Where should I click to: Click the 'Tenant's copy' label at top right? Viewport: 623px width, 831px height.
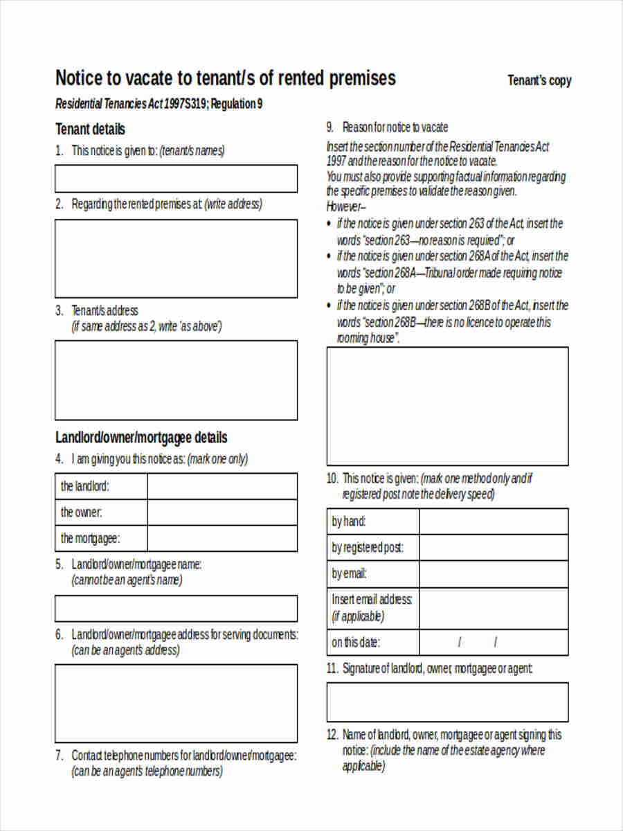coord(539,80)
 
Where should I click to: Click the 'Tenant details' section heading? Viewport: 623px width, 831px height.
coord(90,129)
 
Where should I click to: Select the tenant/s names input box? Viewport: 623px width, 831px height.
coord(176,179)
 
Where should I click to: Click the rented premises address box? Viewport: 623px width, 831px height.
coord(176,258)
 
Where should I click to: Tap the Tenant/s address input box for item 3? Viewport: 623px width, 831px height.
coord(176,380)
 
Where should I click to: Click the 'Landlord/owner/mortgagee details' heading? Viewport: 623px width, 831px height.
coord(141,438)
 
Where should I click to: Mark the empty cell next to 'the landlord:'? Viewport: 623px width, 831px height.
coord(222,486)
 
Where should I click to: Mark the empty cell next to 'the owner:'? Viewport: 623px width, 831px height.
coord(222,512)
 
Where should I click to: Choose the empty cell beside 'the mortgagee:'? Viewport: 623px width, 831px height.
coord(222,538)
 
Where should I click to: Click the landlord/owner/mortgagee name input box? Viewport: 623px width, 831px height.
coord(176,608)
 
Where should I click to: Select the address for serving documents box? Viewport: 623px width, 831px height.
coord(176,703)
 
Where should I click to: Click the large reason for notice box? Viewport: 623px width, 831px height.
coord(447,406)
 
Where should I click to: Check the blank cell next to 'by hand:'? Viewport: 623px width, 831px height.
coord(494,521)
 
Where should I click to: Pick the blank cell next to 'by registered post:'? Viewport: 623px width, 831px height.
coord(494,548)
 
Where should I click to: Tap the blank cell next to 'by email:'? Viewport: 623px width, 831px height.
coord(494,574)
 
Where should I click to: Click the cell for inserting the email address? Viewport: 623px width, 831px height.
coord(494,608)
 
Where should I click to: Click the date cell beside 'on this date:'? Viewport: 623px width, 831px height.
coord(494,642)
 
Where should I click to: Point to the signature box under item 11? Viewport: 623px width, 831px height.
coord(447,702)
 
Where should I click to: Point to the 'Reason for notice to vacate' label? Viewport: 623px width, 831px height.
coord(395,127)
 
